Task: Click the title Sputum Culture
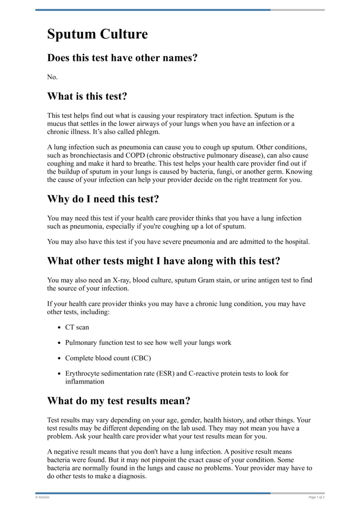[97, 34]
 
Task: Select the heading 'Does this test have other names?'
[122, 58]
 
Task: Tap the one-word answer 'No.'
[53, 77]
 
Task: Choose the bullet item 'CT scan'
[77, 327]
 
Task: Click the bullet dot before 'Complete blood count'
[60, 358]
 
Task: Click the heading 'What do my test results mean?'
[119, 401]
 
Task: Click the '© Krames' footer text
[43, 497]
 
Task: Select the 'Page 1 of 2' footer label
[316, 497]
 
